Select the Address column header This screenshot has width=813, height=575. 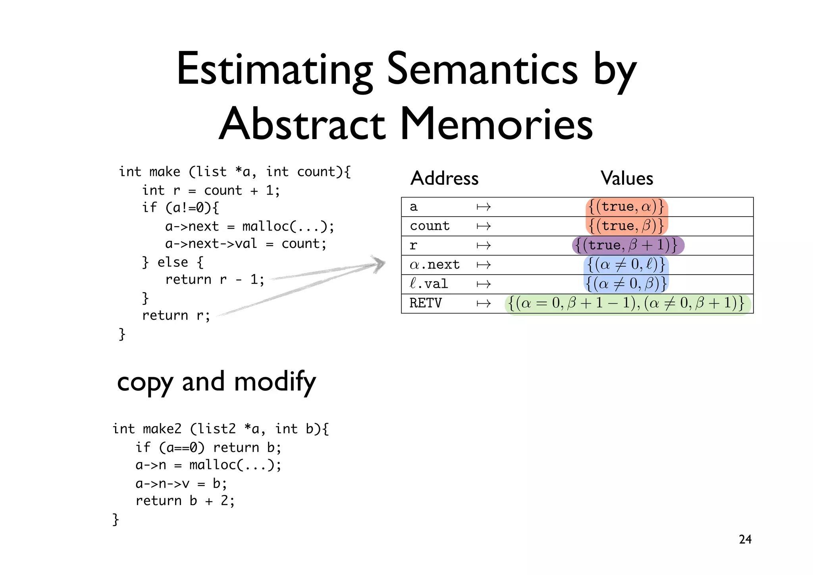click(x=444, y=178)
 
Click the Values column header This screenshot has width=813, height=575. click(x=626, y=178)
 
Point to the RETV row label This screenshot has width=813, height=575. click(x=425, y=303)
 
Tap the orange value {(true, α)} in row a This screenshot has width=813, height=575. click(x=626, y=207)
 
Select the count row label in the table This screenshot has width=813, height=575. click(x=430, y=226)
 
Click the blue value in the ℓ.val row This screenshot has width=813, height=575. click(x=626, y=284)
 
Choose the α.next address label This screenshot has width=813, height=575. click(x=434, y=265)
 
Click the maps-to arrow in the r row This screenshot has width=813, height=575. click(x=484, y=246)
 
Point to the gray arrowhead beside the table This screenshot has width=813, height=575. click(x=378, y=264)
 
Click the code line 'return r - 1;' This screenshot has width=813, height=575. click(x=214, y=280)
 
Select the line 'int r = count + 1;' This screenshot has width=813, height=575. click(x=211, y=191)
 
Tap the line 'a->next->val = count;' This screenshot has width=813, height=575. click(x=246, y=244)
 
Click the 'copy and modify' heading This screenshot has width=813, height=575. click(x=216, y=382)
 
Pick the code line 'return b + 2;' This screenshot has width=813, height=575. click(x=185, y=501)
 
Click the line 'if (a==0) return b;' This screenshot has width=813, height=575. click(x=208, y=448)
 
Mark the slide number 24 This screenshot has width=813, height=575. click(x=745, y=539)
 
